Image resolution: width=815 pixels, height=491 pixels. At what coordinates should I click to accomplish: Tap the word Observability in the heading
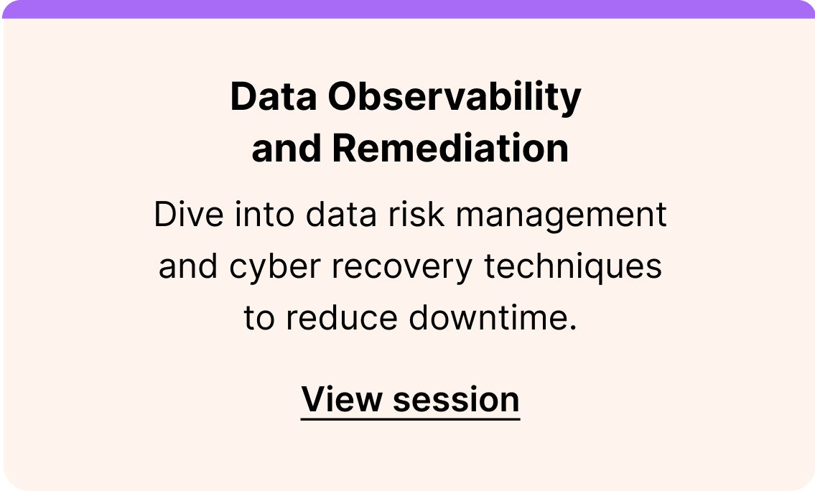point(455,98)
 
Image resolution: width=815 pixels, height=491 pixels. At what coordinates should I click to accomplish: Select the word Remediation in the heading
point(450,149)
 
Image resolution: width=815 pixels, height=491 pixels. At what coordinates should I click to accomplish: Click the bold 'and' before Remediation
point(287,149)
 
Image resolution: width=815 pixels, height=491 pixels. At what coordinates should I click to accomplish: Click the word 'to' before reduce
point(259,318)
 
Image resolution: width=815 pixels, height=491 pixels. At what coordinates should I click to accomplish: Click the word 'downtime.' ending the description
point(493,318)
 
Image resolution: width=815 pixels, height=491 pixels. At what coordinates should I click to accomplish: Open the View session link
point(410,398)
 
